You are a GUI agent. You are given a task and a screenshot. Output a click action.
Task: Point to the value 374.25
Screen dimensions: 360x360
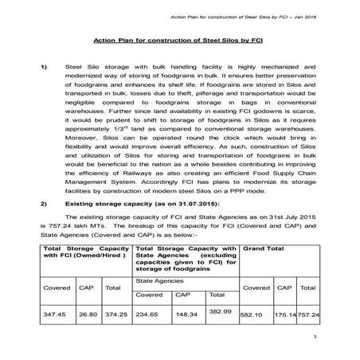(x=116, y=315)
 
